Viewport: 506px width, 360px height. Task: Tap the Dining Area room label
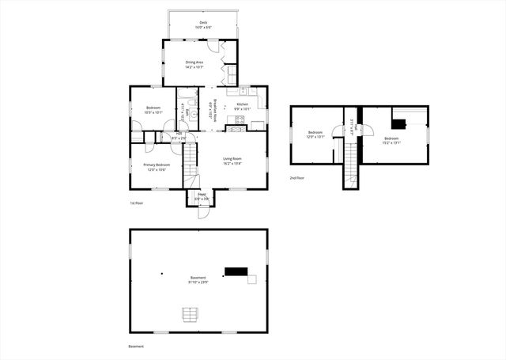(x=194, y=65)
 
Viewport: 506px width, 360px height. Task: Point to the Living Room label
(x=231, y=161)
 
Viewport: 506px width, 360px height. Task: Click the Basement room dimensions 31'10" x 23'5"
(x=198, y=282)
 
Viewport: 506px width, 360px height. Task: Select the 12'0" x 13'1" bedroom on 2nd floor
(x=315, y=135)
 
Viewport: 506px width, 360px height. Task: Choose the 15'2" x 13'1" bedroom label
(x=392, y=142)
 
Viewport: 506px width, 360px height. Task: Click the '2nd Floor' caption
(x=297, y=178)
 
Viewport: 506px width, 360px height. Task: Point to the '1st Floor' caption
(x=137, y=203)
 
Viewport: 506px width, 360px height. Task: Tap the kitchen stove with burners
(x=236, y=120)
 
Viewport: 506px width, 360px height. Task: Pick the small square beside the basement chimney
(x=252, y=279)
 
